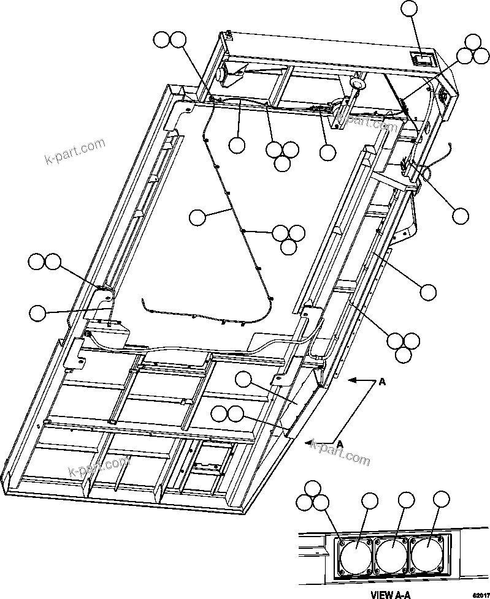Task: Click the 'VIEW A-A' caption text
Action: (390, 593)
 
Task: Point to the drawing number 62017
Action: (480, 594)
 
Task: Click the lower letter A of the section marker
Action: (339, 442)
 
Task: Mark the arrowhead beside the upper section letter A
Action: (352, 380)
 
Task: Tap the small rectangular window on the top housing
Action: (421, 59)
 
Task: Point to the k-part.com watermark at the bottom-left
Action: (99, 470)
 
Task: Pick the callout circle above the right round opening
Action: (441, 499)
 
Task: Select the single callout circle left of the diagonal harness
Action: (197, 217)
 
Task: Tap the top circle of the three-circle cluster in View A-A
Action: (313, 489)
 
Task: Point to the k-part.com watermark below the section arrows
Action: (340, 452)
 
